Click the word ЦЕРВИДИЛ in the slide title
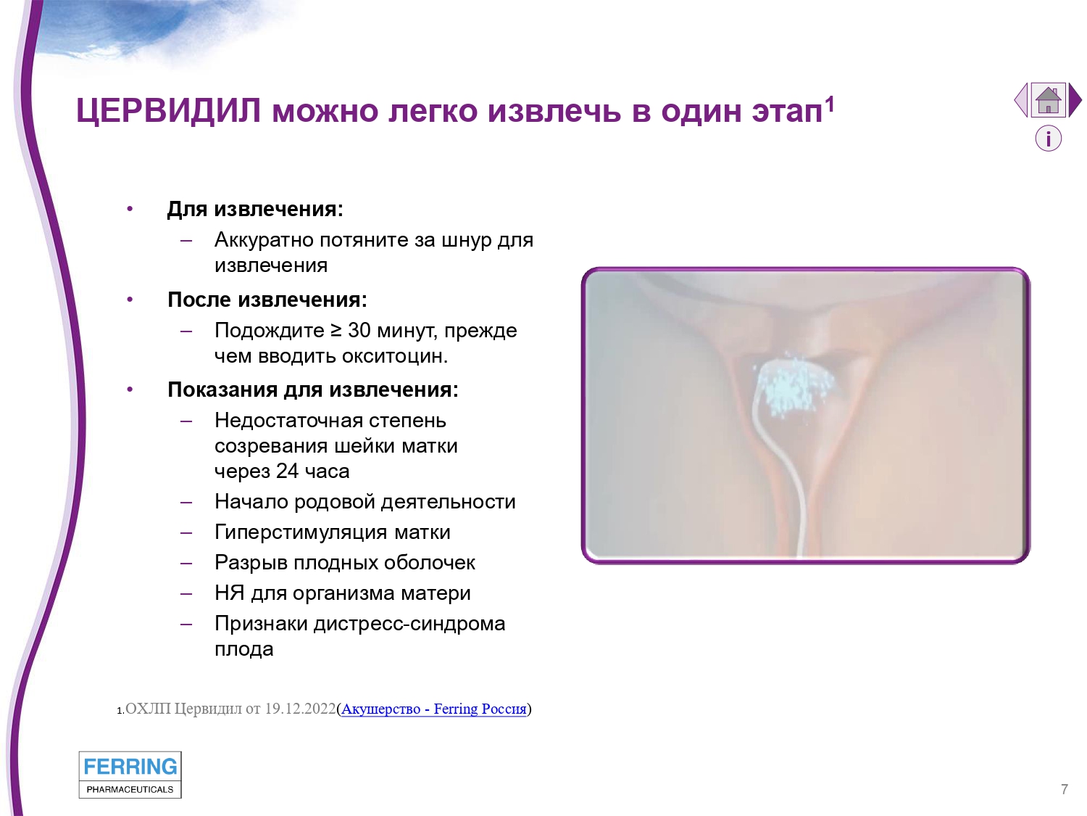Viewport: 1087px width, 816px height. tap(168, 110)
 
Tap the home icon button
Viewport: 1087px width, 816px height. tap(1048, 100)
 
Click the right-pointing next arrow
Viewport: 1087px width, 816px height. tap(1075, 100)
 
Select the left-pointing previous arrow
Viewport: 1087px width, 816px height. tap(1021, 100)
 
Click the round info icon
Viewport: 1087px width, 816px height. tap(1049, 139)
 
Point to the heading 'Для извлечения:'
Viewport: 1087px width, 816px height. tap(255, 209)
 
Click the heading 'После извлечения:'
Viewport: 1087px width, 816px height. tap(267, 300)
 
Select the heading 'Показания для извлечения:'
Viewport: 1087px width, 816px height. tap(313, 390)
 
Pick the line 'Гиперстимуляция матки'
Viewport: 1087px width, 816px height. tap(333, 532)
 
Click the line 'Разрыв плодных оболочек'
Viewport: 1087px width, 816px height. tap(345, 563)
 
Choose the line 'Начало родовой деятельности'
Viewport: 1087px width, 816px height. tap(365, 502)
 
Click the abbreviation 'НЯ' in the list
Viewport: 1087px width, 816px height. tap(229, 593)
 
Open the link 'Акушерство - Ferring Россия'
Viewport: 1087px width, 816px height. tap(434, 709)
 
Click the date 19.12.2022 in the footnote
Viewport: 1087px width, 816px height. tap(300, 709)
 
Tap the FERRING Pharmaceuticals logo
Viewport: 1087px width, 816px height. tap(130, 775)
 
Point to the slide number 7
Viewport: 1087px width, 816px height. tap(1065, 789)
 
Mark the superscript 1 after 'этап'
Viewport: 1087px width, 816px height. tap(830, 104)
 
